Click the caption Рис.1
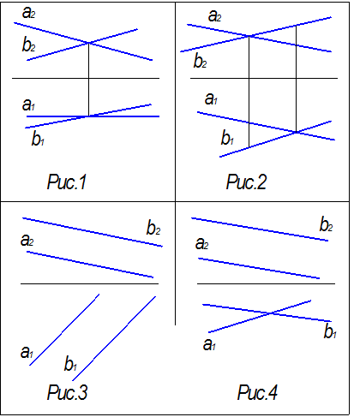67,182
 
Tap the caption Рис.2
246,182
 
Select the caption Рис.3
67,392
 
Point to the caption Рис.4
257,392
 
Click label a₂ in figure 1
28,13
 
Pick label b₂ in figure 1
28,45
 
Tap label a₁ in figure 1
28,104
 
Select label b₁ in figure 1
38,139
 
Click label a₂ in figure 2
214,16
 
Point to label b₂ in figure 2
200,61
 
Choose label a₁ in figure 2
211,99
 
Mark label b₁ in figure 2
227,138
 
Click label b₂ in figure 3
153,228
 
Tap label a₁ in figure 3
27,352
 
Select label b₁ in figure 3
70,363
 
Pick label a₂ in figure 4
201,244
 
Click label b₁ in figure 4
330,331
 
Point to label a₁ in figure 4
209,344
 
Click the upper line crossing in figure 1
88,43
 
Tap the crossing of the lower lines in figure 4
271,313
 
